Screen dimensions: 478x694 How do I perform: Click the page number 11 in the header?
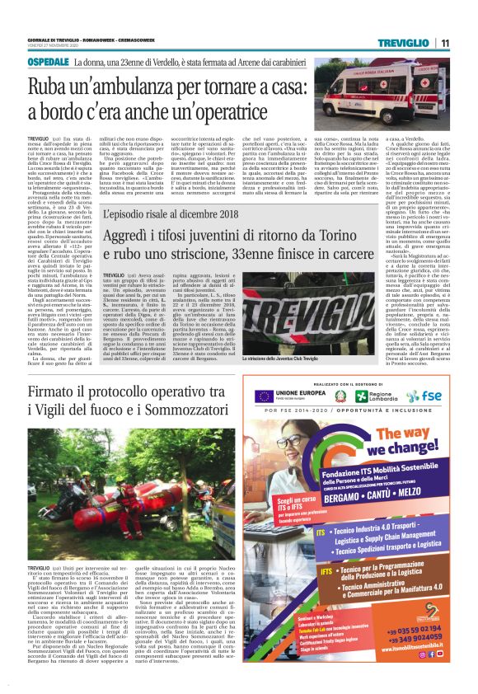tap(443, 43)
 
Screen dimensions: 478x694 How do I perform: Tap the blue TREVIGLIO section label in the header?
tap(405, 43)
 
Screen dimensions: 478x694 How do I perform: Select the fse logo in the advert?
tap(424, 397)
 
